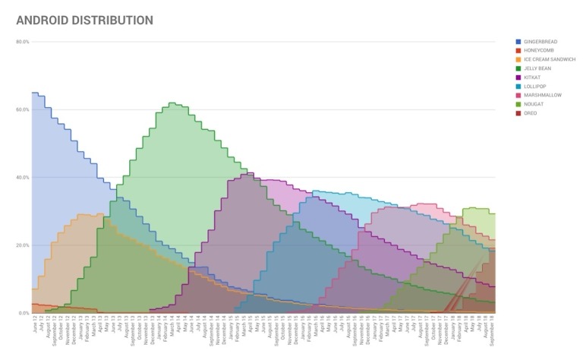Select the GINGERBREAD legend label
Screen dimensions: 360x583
[x=540, y=41]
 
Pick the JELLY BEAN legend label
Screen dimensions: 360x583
[x=537, y=68]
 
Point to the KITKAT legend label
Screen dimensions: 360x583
[x=532, y=77]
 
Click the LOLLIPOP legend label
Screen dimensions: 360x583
[x=534, y=86]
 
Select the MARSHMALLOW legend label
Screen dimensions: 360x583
[x=540, y=95]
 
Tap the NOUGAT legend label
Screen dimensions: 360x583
[x=533, y=104]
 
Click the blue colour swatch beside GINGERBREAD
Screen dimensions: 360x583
[x=518, y=41]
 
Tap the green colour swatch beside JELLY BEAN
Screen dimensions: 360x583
[x=518, y=68]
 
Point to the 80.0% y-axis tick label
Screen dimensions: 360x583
[x=22, y=42]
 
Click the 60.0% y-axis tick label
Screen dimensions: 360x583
[x=22, y=109]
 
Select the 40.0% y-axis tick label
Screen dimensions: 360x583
[x=22, y=178]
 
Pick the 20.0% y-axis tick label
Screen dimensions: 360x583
[x=22, y=245]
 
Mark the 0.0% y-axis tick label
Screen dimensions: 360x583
[x=23, y=313]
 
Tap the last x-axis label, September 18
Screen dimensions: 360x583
[x=493, y=330]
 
